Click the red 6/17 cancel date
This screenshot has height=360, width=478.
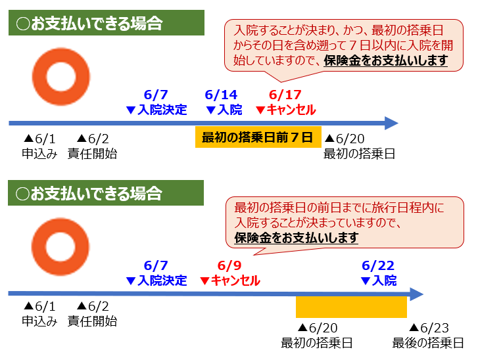[285, 95]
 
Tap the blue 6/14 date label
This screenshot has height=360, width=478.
[221, 95]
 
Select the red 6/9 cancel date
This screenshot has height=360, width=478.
[229, 265]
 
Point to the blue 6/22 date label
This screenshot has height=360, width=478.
[378, 265]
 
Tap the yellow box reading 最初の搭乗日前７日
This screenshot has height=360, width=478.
[258, 137]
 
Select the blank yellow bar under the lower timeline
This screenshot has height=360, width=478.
[351, 307]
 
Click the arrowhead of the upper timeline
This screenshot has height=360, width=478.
[392, 123]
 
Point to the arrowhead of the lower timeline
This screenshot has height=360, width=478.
[417, 294]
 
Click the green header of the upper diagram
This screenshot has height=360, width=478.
[107, 23]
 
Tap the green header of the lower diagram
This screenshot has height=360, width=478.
[106, 192]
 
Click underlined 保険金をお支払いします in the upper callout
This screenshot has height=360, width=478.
[386, 60]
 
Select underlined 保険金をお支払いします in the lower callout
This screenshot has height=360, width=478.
[296, 238]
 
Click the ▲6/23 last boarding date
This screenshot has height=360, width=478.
[429, 328]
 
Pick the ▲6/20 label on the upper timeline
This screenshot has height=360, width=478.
[345, 139]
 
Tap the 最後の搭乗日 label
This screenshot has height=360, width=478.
[428, 343]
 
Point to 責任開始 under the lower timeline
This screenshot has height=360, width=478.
[92, 321]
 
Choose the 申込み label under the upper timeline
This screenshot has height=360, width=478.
[39, 154]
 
